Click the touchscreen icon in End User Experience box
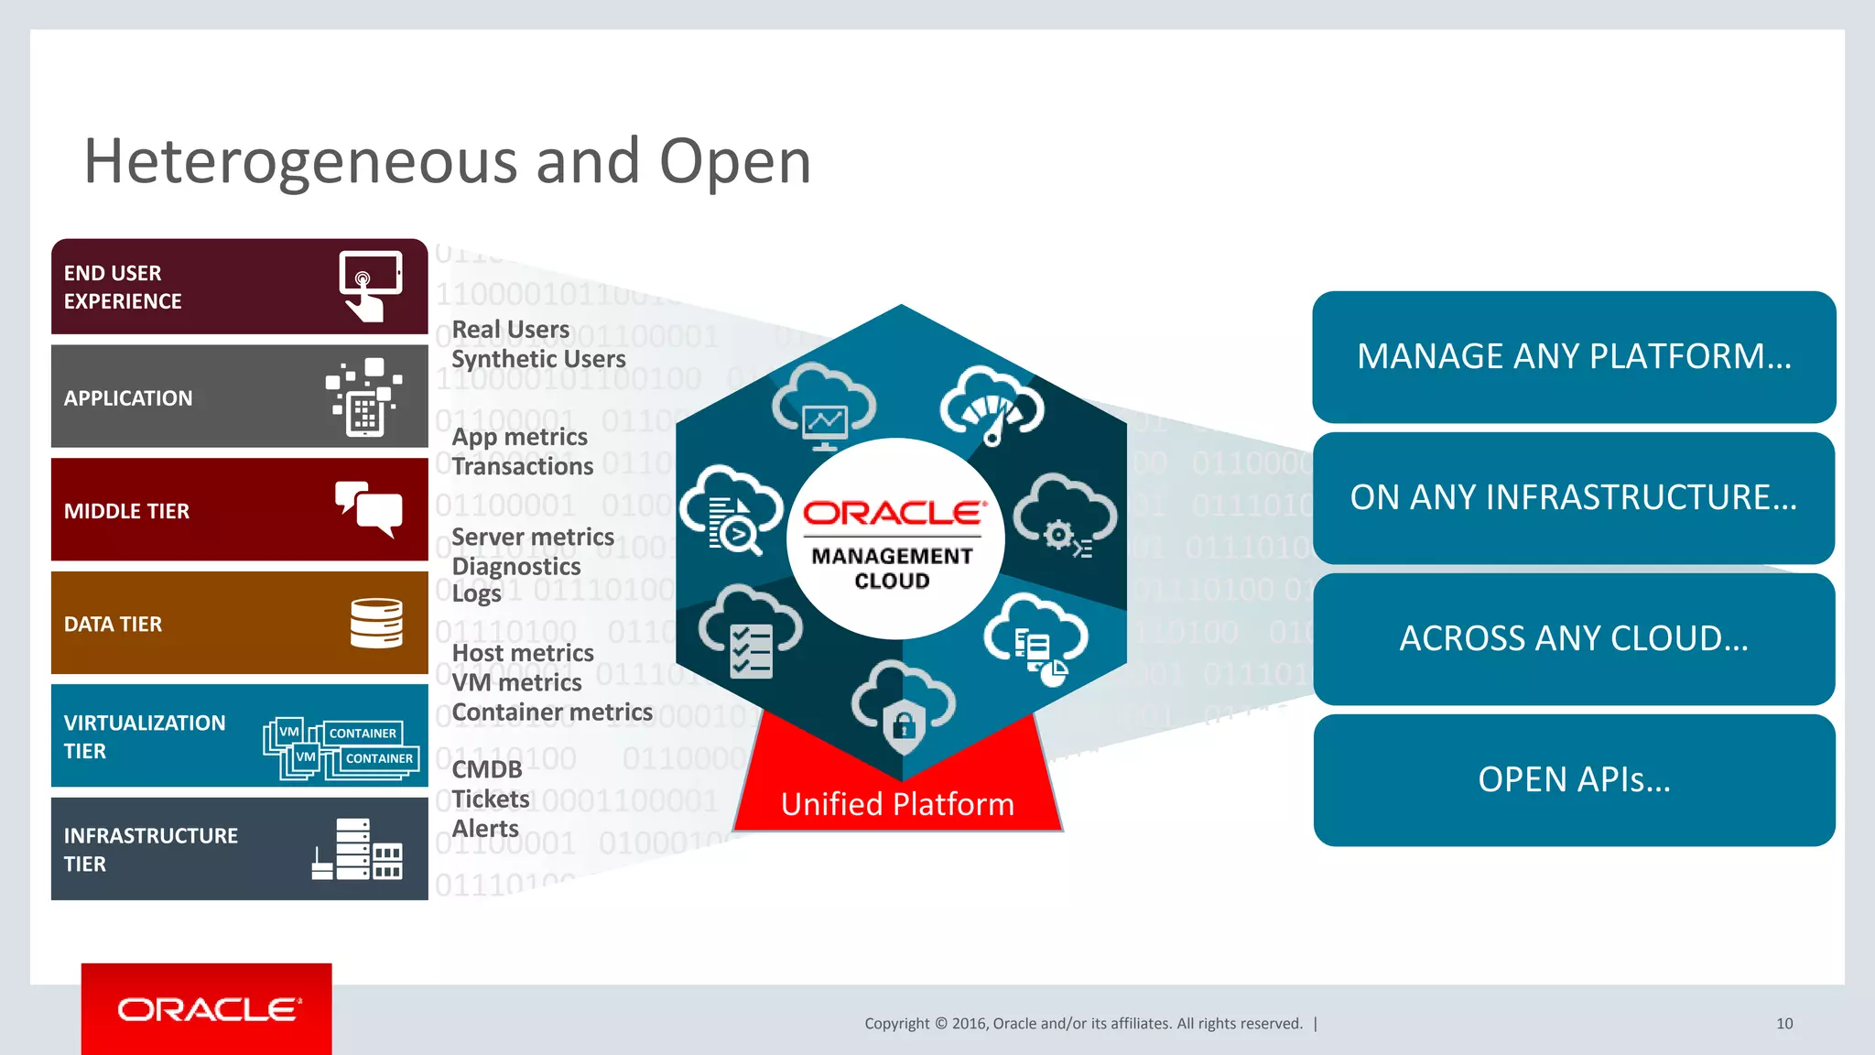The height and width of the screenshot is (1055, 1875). [370, 286]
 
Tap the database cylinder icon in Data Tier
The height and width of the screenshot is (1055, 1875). [376, 623]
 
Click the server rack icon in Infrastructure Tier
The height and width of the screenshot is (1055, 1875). [357, 849]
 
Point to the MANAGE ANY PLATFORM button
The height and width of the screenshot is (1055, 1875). [1573, 356]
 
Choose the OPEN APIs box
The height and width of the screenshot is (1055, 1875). [1573, 780]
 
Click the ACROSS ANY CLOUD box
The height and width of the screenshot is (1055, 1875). [1573, 638]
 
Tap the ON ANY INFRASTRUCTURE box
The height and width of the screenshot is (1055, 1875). [1573, 497]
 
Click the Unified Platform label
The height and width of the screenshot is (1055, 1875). [897, 804]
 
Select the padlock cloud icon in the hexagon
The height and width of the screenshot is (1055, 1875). [904, 709]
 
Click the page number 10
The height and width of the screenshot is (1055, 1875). [1783, 1024]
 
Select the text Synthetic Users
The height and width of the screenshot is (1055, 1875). [538, 359]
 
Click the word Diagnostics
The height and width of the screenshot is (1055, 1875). [516, 566]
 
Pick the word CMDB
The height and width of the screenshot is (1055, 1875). [487, 769]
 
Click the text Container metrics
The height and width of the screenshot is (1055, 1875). [552, 712]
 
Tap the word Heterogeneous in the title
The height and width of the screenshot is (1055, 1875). [301, 161]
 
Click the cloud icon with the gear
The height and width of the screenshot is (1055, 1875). [1064, 517]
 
